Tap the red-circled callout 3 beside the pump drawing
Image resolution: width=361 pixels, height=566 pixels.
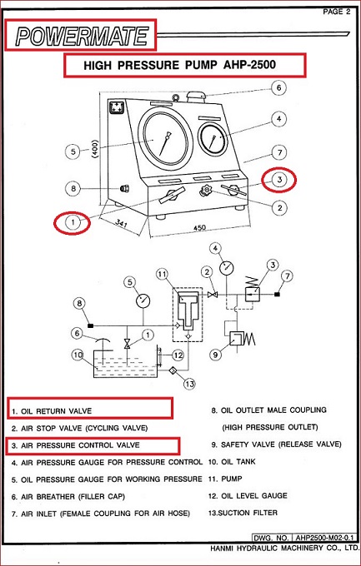[280, 178]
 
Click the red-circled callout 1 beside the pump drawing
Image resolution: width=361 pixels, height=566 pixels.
[72, 223]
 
